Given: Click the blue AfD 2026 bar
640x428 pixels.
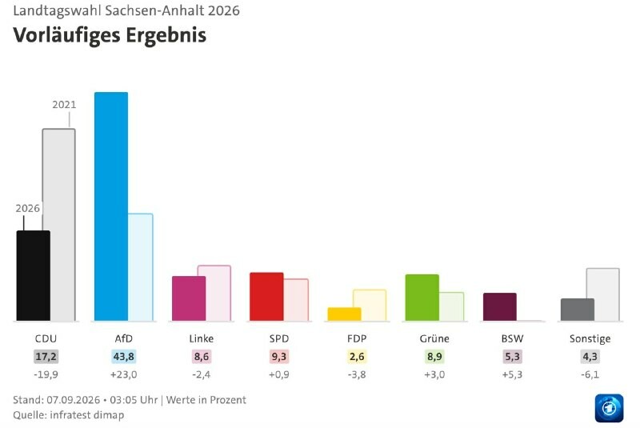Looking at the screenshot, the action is pos(111,206).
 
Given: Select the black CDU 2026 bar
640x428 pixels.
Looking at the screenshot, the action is pos(34,276).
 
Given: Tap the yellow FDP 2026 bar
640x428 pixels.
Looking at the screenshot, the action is pos(345,314).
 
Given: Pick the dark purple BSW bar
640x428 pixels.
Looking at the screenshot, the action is pos(500,307).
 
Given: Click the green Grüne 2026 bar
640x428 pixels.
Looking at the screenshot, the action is pos(422,298).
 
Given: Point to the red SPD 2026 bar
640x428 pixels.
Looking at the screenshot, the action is pos(266,297).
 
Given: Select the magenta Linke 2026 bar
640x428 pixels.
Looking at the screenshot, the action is pos(189,298).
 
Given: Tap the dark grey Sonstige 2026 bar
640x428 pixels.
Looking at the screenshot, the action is pos(578,310).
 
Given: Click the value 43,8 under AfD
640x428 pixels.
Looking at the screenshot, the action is pos(124,357).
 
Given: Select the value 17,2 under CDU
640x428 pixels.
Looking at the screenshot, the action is pos(46,357).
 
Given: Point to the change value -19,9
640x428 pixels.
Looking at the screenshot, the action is pos(46,374).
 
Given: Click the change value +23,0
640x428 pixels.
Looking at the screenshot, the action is pos(124,374).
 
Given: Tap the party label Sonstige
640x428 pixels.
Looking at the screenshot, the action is pos(590,338).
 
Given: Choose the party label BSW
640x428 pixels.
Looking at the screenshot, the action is pos(512,338).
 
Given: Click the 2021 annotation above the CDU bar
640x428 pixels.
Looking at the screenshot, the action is pos(64,105).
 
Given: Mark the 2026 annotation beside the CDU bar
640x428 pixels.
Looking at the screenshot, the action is pos(28,209).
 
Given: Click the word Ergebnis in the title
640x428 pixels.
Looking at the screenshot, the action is pos(166,36).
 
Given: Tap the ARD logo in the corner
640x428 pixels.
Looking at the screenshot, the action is pos(609,408).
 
